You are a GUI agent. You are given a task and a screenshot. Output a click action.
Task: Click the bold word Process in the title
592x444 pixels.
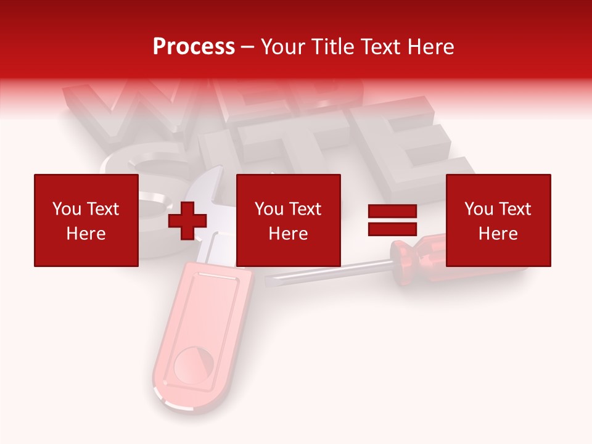194,47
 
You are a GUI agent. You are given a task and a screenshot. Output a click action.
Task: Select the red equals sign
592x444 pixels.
392,220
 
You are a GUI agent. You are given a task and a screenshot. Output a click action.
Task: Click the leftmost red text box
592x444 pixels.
86,220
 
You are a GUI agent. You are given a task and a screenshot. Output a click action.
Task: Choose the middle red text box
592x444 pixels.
288,220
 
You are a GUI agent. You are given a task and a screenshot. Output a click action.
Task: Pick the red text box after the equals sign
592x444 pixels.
498,220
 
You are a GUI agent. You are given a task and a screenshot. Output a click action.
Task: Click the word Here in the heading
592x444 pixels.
431,47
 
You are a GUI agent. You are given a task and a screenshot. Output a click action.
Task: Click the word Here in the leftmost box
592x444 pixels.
86,234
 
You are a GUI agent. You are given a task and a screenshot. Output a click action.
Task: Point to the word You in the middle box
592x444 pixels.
269,209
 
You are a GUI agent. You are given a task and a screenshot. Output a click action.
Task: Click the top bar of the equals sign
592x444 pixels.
392,212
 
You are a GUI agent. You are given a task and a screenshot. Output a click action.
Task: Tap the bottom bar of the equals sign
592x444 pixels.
392,229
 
